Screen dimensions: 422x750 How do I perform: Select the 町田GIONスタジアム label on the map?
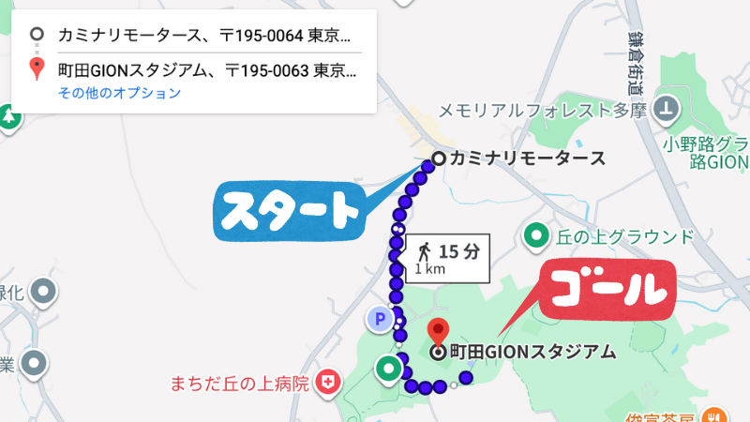click(x=532, y=352)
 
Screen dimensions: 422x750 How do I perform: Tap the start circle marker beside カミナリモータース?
click(x=438, y=158)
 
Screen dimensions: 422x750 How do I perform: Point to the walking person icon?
click(x=425, y=250)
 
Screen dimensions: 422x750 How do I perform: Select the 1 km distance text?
click(x=429, y=269)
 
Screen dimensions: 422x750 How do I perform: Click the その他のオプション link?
click(x=119, y=93)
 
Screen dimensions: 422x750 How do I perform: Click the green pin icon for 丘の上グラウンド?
click(x=536, y=235)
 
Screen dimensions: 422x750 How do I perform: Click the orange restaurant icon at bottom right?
click(x=715, y=414)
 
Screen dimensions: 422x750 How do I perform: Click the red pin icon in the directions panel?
click(x=37, y=68)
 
